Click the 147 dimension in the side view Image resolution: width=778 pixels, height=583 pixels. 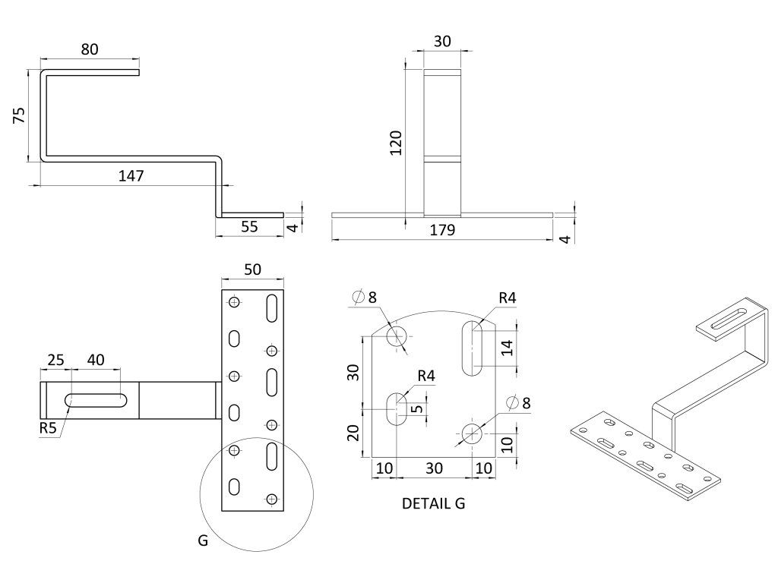click(x=131, y=175)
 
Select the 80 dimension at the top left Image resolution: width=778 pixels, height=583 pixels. click(x=89, y=49)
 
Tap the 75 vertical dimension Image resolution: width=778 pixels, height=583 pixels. click(x=19, y=115)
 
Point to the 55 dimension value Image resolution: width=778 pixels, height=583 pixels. click(x=248, y=225)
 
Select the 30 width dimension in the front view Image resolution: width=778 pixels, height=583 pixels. click(x=441, y=42)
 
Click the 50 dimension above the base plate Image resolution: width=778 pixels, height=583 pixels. click(x=252, y=269)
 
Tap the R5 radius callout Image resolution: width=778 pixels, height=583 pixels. click(x=49, y=428)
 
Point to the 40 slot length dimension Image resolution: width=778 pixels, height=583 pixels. click(x=96, y=359)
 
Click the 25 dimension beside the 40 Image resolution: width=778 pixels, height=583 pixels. click(x=55, y=359)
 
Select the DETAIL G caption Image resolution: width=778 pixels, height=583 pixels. click(x=433, y=503)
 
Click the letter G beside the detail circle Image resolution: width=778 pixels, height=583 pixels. click(x=202, y=541)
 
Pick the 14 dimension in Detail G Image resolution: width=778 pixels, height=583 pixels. click(x=508, y=347)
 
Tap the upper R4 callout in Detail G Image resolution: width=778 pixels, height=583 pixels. click(x=508, y=298)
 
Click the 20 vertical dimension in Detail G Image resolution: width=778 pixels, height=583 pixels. click(x=353, y=433)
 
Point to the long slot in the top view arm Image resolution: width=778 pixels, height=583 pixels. click(x=96, y=400)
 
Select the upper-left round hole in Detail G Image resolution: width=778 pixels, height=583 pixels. click(x=397, y=335)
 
